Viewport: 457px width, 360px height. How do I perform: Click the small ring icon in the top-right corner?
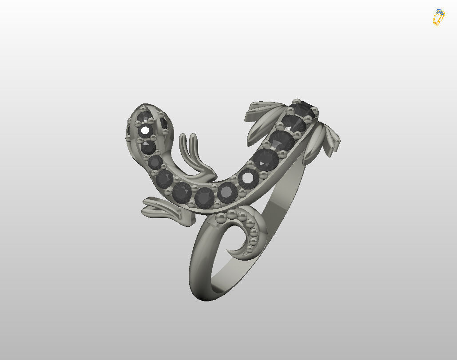(x=439, y=17)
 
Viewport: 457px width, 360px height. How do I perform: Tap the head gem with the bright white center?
(x=145, y=131)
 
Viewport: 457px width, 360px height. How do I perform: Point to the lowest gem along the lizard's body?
(x=205, y=198)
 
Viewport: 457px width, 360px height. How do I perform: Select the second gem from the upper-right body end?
(x=294, y=123)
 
